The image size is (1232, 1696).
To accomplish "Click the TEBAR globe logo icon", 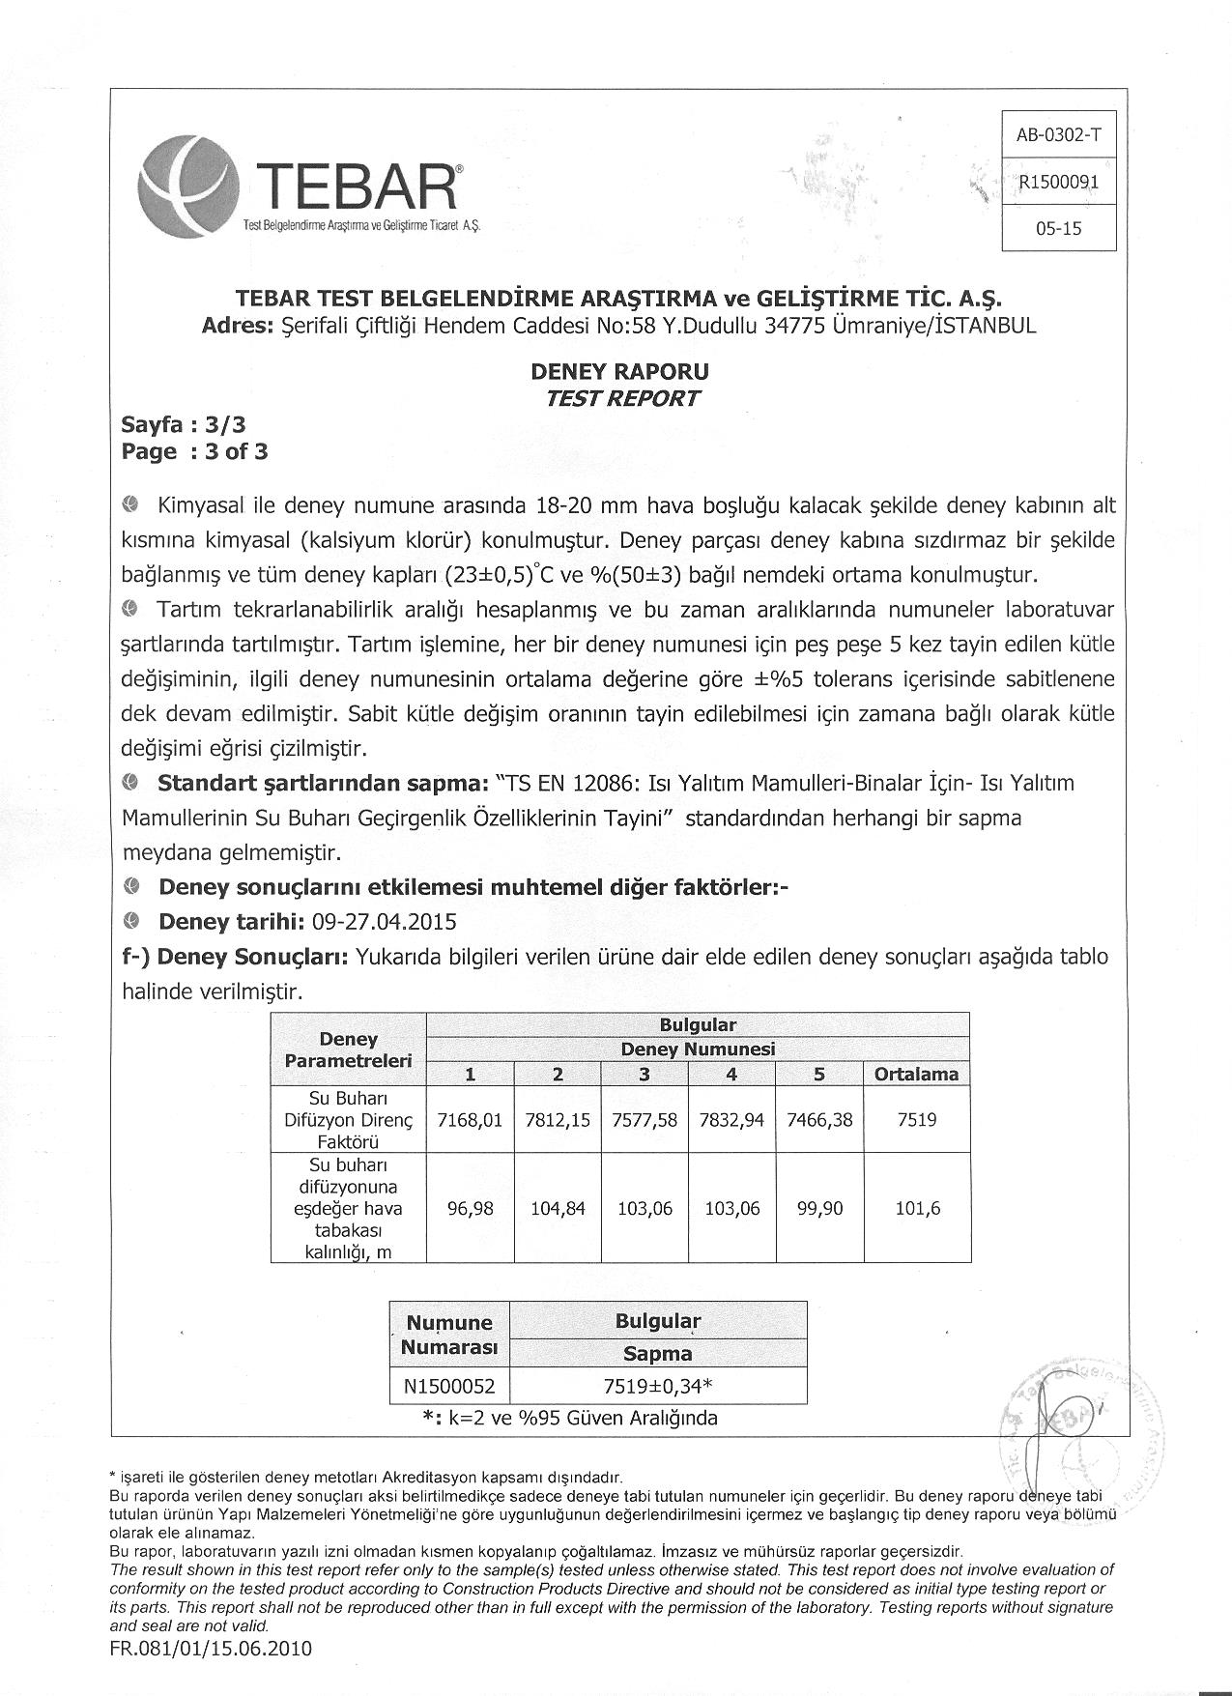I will tap(187, 185).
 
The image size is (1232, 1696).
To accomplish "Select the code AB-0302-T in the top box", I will tap(1059, 135).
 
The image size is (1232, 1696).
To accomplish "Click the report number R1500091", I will tap(1059, 182).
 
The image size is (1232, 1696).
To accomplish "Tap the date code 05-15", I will tap(1059, 229).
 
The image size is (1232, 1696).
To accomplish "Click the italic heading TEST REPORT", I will tap(620, 398).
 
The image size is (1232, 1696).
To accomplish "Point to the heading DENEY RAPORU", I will tap(620, 372).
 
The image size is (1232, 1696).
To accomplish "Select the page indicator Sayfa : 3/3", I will tap(184, 425).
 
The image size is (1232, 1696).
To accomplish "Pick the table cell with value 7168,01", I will tap(470, 1120).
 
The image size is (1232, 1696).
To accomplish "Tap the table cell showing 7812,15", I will tap(558, 1120).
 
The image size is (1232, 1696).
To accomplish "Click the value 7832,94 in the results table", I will tap(732, 1120).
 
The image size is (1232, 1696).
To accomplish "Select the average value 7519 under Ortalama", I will tap(916, 1120).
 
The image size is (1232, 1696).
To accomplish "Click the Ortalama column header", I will tap(916, 1074).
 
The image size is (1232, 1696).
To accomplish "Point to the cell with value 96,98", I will tap(470, 1209).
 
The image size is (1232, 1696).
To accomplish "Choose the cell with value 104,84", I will tap(558, 1209).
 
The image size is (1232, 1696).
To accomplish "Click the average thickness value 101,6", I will tap(917, 1209).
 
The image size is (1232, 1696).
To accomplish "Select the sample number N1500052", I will tap(449, 1387).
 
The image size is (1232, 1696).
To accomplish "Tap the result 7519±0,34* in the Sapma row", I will tap(658, 1387).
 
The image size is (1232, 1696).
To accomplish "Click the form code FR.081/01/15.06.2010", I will tap(212, 1649).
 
